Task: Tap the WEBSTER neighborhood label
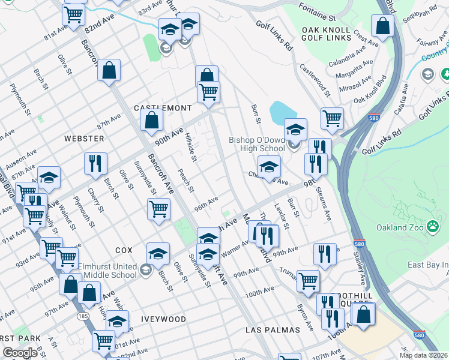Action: click(84, 139)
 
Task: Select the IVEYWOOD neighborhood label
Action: click(163, 319)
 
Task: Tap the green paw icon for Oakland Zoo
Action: click(432, 227)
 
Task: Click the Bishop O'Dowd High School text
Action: click(256, 144)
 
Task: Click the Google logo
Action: click(20, 353)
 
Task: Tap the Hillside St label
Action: click(191, 147)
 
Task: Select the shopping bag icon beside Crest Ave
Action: click(382, 26)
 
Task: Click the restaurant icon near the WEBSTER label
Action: click(95, 164)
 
